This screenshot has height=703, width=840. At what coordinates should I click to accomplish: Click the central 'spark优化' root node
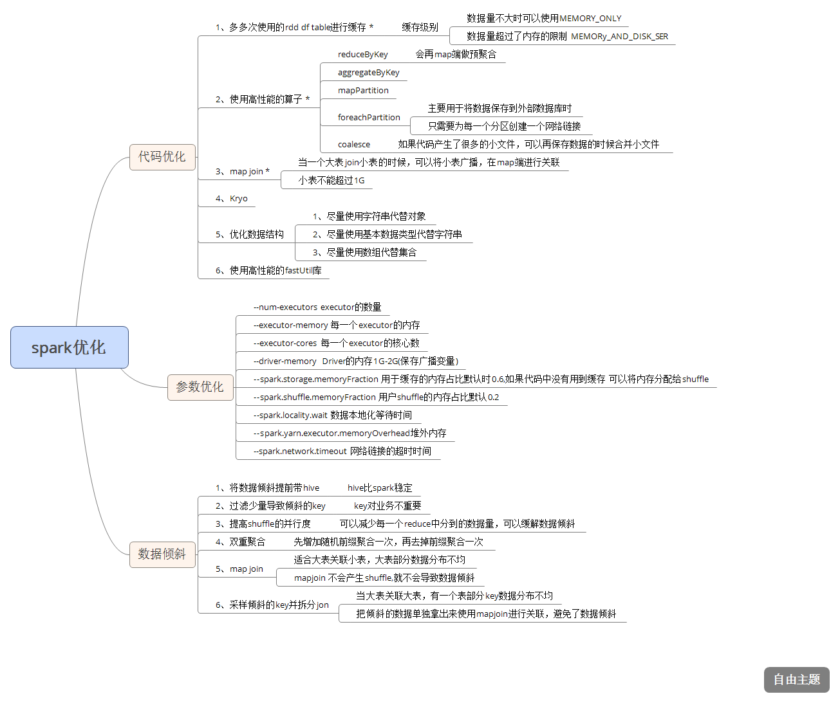(x=70, y=347)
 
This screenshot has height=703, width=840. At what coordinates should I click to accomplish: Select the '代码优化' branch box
(x=162, y=157)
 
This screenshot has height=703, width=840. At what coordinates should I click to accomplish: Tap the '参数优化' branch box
(x=200, y=387)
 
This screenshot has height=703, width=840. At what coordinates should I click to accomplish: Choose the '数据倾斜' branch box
(x=162, y=554)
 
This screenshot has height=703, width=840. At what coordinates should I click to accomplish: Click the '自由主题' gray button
(x=796, y=680)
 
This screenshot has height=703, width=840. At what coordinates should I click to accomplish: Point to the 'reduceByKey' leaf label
(x=363, y=55)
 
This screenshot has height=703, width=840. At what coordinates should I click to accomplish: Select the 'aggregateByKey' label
(x=369, y=73)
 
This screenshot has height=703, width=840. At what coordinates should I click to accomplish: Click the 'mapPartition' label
(x=363, y=91)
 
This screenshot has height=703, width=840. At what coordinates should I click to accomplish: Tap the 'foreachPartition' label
(x=369, y=118)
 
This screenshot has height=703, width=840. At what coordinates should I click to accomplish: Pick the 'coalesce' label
(x=354, y=145)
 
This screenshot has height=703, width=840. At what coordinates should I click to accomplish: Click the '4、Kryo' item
(x=232, y=199)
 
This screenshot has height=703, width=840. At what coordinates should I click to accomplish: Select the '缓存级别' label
(x=420, y=28)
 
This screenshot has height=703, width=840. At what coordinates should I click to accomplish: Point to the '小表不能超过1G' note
(x=331, y=181)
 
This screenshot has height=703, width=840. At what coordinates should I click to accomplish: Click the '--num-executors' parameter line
(x=317, y=307)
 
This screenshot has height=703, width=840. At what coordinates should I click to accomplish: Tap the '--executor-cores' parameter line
(x=337, y=343)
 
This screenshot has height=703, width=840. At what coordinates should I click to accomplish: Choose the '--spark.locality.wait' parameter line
(x=333, y=415)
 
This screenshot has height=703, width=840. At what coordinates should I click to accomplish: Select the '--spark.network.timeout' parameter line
(x=342, y=452)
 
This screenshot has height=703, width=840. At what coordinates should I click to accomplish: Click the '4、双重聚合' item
(x=240, y=542)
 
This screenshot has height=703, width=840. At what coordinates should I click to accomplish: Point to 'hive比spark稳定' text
(x=380, y=488)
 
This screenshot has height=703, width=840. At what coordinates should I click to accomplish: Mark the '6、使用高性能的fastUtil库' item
(x=268, y=271)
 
